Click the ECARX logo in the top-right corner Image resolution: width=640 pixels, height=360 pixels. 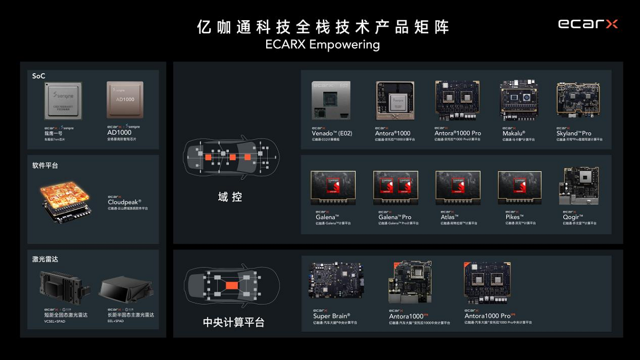pyautogui.click(x=588, y=24)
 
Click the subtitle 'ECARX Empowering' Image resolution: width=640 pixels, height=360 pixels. pyautogui.click(x=322, y=44)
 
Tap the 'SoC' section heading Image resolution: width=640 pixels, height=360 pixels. pyautogui.click(x=39, y=76)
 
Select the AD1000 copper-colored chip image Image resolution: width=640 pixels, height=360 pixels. pyautogui.click(x=125, y=100)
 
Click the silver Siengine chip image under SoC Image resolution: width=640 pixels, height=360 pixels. pyautogui.click(x=63, y=100)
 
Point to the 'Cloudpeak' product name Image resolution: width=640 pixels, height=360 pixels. pyautogui.click(x=124, y=202)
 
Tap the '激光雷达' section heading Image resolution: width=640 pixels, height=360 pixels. pyautogui.click(x=45, y=259)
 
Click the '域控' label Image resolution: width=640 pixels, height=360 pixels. pyautogui.click(x=230, y=197)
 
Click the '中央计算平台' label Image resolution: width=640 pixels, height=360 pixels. pyautogui.click(x=233, y=322)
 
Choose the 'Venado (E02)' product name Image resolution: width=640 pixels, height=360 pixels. pyautogui.click(x=332, y=133)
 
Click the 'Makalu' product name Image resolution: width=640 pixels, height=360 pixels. pyautogui.click(x=514, y=133)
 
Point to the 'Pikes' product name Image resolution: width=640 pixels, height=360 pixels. pyautogui.click(x=513, y=217)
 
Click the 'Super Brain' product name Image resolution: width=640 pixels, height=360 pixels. pyautogui.click(x=332, y=316)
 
